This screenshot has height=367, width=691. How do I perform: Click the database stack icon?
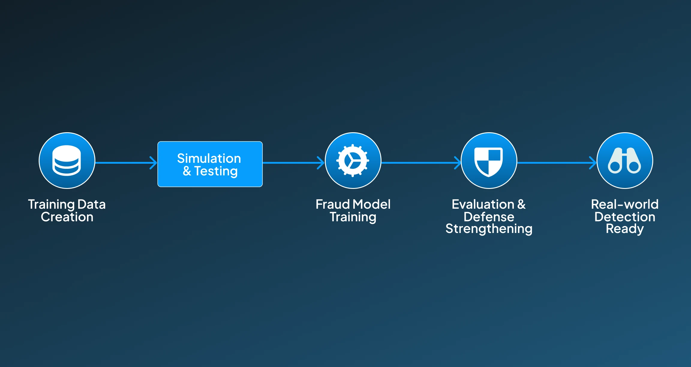coord(67,160)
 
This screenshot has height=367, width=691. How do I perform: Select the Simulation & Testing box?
coord(210,164)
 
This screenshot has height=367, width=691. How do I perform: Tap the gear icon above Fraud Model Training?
coord(353,161)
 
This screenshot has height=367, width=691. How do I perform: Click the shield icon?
coord(489,162)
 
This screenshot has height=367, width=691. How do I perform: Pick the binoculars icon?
coord(624,160)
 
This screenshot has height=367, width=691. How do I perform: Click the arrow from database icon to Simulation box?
coord(126,163)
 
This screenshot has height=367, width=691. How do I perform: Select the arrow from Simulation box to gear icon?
coord(294,163)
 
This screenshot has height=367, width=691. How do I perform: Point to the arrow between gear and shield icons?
coord(421,163)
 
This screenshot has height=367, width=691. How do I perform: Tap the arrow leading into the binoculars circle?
coord(557,163)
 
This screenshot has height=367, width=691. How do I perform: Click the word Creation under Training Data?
coord(67,217)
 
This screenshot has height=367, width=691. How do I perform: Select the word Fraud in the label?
coord(333,204)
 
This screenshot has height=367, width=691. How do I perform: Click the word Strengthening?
coord(489,229)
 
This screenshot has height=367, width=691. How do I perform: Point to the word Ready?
coord(625,229)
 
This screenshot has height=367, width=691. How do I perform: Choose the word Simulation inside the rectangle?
coord(209,158)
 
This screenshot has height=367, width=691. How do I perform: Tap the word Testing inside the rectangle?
coord(216,172)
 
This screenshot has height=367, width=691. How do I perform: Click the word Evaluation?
coord(483,204)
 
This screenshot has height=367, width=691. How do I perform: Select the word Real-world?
coord(625,204)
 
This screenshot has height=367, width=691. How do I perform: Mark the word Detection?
coord(625,217)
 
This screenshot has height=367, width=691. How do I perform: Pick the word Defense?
coord(489,217)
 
